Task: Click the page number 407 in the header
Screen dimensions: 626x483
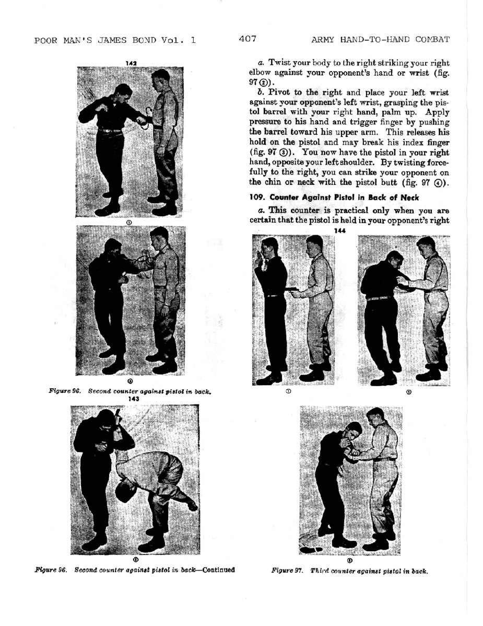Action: click(246, 39)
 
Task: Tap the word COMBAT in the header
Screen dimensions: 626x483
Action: click(432, 39)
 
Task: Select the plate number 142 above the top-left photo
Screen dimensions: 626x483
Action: click(131, 63)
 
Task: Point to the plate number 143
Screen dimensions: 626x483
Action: click(134, 399)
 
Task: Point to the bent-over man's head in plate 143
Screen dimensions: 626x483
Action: click(125, 491)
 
